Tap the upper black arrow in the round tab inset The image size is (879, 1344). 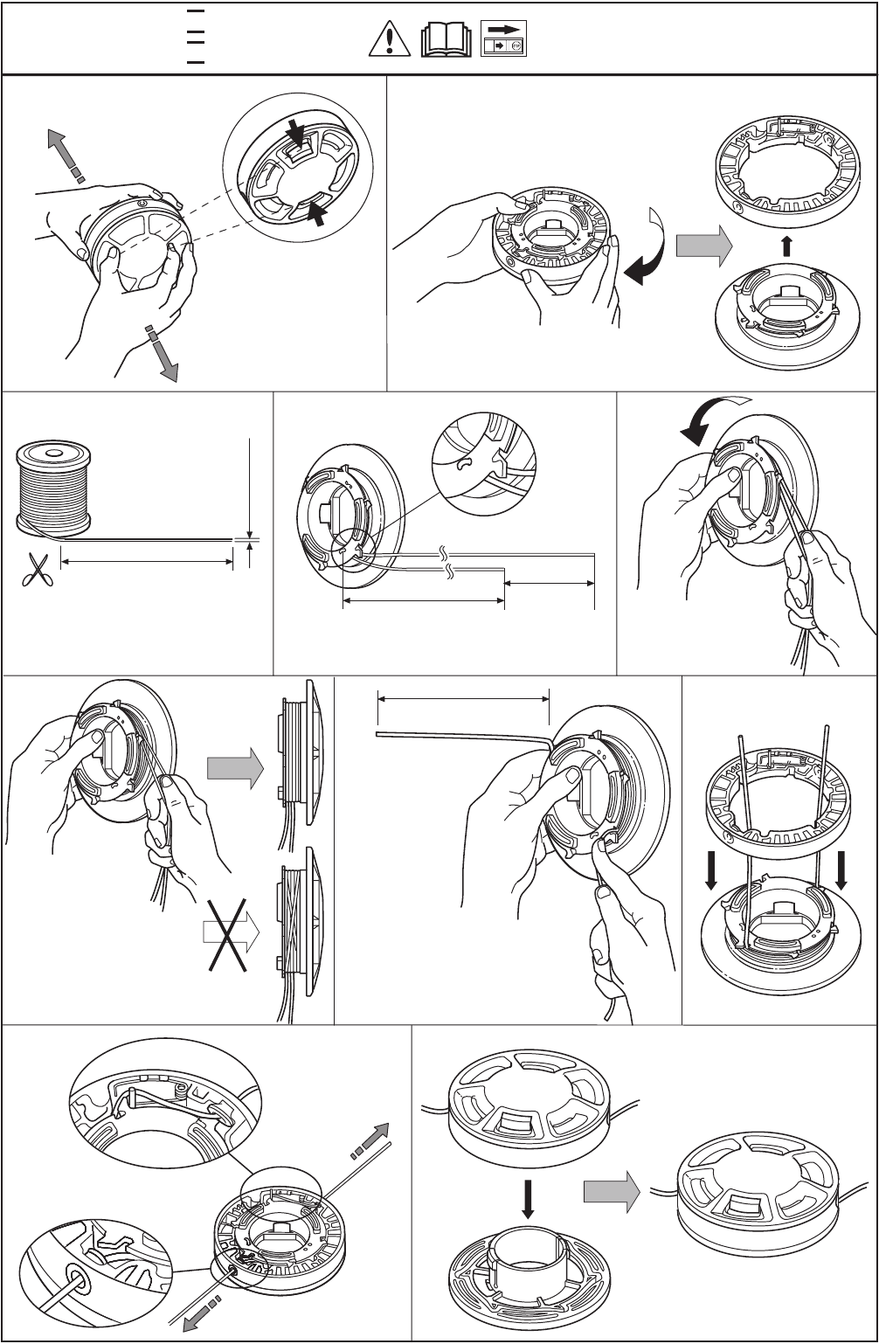click(296, 135)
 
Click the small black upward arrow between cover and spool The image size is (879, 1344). click(786, 246)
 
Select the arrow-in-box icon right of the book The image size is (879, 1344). click(504, 40)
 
